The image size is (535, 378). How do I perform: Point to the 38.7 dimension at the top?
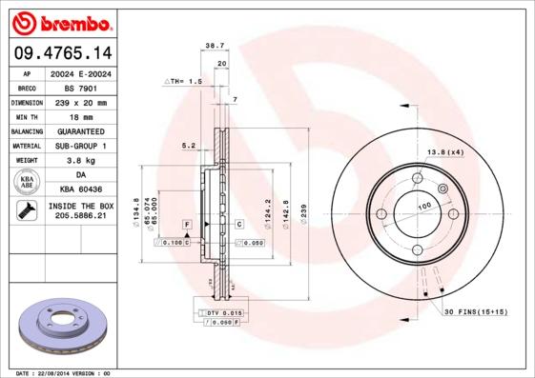point(214,45)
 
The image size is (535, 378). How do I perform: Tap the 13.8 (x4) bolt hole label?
point(443,152)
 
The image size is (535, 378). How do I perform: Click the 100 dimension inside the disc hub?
point(423,205)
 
